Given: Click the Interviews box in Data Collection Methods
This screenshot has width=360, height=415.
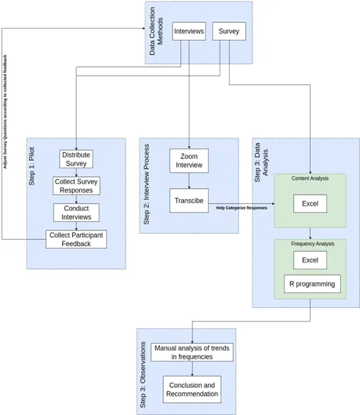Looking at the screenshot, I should point(190,31).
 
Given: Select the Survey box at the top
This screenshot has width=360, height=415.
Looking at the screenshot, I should point(229,31).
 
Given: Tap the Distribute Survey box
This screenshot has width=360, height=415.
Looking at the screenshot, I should point(76,159).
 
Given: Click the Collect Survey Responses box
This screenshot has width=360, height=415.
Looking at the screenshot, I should point(76,186).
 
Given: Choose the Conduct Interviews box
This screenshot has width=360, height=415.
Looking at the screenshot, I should point(76,212).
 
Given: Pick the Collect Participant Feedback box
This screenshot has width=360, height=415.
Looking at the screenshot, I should point(77,239).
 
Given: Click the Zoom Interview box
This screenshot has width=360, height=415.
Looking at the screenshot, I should point(190,160).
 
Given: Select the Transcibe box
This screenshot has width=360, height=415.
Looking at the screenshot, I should point(190,201).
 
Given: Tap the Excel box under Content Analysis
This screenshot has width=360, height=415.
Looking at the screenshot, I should point(310,204).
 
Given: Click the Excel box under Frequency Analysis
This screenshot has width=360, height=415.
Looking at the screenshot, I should point(310,260).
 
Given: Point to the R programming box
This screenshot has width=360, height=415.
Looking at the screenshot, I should point(310,285).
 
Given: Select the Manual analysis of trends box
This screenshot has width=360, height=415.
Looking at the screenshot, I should point(192,352).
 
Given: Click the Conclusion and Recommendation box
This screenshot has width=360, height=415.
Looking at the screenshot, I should point(192,389).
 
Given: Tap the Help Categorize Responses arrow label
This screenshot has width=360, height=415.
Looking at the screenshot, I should point(242,208).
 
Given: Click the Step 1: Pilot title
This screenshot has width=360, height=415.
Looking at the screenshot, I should point(32,168).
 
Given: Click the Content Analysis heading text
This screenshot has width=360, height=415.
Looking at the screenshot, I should point(310,178).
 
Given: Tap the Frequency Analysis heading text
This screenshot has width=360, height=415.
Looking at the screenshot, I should point(310,244).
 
